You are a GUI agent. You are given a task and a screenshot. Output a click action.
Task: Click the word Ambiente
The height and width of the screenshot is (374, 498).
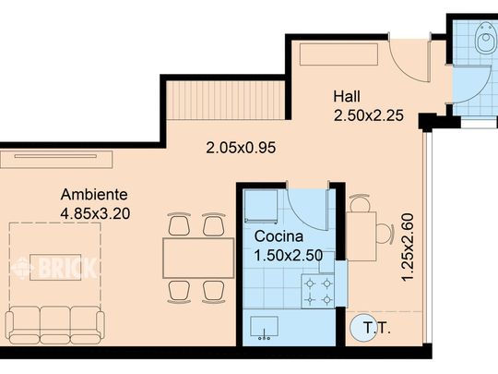(x=94, y=194)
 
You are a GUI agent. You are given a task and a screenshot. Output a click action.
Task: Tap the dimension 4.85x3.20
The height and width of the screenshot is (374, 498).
(x=95, y=213)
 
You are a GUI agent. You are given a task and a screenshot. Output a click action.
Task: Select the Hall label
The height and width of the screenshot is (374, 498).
(x=347, y=96)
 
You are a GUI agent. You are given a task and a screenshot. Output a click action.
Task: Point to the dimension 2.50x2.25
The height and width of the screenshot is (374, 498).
(x=368, y=115)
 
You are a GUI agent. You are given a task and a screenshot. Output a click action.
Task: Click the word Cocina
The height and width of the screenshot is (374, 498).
(x=279, y=236)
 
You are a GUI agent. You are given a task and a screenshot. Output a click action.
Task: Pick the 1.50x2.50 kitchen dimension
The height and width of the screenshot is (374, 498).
(x=289, y=256)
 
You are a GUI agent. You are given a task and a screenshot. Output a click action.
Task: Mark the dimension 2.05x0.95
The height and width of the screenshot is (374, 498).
(x=241, y=148)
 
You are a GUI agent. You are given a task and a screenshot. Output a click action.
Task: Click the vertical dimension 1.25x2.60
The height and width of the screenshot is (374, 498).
(x=409, y=247)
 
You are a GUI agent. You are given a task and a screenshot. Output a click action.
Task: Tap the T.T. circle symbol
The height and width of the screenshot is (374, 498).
(x=361, y=328)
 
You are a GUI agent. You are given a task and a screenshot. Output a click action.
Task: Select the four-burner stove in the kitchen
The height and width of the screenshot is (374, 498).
(x=318, y=292)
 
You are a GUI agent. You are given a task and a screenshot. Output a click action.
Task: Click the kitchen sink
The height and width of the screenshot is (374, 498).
(x=264, y=327)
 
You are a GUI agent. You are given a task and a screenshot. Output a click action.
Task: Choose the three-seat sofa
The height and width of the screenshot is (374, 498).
(x=55, y=325)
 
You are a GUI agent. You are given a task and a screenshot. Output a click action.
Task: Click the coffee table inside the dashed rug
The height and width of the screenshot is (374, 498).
(x=55, y=267)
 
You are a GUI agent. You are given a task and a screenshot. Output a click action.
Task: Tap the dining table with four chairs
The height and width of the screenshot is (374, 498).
(x=198, y=259)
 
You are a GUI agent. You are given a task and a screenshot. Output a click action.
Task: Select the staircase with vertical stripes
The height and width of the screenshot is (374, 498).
(x=226, y=100)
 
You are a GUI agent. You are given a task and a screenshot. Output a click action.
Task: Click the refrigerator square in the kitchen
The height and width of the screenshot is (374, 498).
(x=261, y=206)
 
